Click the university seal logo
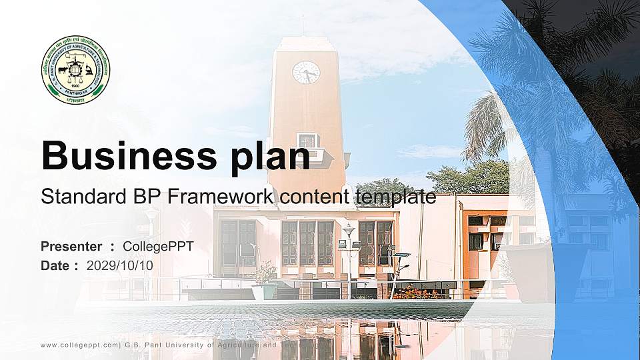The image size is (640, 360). point(75,70)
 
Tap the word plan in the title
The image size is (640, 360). point(272,156)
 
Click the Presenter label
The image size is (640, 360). point(71,247)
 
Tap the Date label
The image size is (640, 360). point(55,265)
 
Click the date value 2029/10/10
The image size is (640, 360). point(119,265)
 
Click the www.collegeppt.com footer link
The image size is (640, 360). point(79,345)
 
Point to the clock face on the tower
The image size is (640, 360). point(306,72)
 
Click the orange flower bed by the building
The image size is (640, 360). point(415,292)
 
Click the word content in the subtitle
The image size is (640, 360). point(309,197)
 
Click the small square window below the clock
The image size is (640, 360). point(307,141)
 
